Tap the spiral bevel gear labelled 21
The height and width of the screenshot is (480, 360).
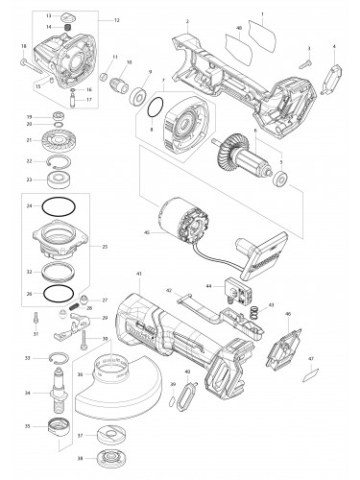[60, 142]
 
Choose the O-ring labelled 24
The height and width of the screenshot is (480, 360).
[60, 206]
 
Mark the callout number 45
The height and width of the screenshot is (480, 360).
[145, 230]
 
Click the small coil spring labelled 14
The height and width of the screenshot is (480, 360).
[63, 28]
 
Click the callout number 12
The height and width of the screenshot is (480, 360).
[117, 20]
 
